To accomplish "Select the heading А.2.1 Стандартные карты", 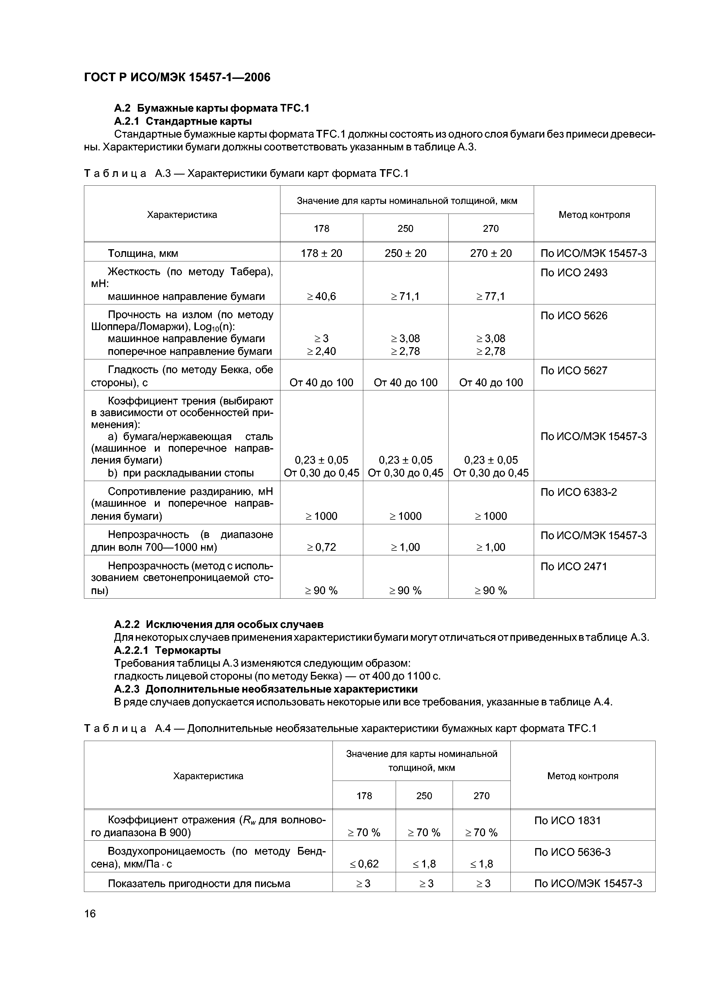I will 183,121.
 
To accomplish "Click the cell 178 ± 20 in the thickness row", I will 321,253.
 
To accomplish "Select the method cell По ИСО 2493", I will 574,273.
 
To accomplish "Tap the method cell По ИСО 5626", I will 574,316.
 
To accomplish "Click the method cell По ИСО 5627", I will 574,371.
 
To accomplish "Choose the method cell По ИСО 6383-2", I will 578,492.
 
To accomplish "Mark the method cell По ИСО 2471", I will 574,566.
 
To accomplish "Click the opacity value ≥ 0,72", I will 321,547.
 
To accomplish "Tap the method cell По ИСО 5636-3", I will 572,852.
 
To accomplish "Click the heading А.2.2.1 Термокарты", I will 167,650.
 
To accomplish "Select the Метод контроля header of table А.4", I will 582,776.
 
